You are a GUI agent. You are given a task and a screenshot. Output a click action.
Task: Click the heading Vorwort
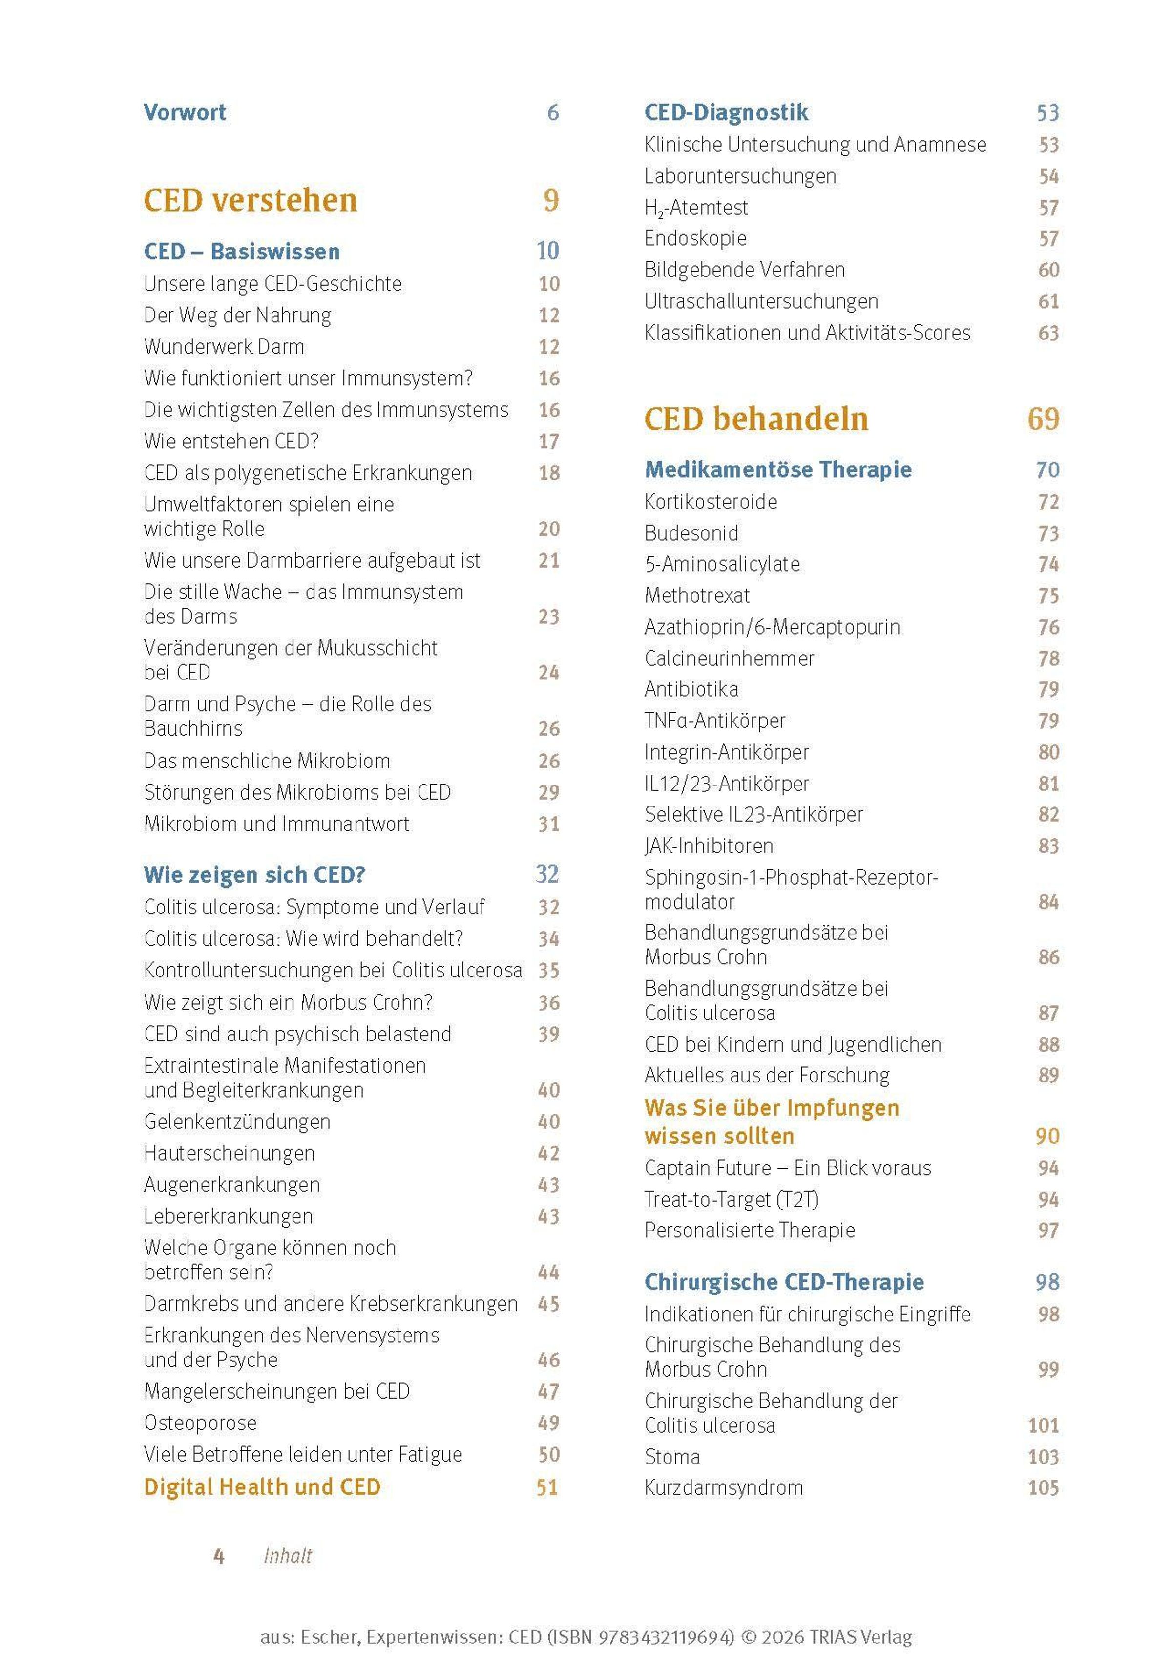pos(185,112)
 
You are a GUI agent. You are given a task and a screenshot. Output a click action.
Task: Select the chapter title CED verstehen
pos(251,200)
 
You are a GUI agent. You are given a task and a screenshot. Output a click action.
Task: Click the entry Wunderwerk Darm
pos(224,346)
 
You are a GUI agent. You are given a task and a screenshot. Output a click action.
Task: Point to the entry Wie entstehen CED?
pos(231,441)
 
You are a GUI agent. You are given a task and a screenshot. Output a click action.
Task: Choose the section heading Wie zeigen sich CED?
pos(254,875)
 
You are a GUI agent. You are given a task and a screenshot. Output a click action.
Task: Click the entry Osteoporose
pos(200,1422)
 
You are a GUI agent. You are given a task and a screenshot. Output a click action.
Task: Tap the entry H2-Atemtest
pos(696,208)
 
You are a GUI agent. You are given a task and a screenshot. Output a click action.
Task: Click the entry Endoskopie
pos(695,238)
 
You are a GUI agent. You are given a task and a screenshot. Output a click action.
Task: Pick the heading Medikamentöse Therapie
pos(778,470)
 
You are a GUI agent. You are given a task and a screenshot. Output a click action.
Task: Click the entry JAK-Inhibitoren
pos(709,846)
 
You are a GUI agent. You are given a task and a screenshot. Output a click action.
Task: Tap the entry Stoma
pos(672,1457)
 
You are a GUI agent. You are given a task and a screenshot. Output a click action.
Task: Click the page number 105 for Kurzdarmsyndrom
pos(1043,1487)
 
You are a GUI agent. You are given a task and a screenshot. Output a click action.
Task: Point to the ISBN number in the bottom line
pos(666,1637)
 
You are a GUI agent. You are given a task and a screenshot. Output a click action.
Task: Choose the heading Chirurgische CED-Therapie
pos(784,1282)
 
